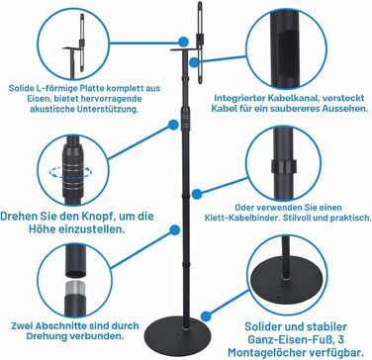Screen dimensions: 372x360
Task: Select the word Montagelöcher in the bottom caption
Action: click(x=270, y=352)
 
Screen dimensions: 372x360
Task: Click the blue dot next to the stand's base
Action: click(x=206, y=316)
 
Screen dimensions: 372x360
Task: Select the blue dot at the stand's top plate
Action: click(x=183, y=42)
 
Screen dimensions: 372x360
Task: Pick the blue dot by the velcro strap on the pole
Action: click(x=197, y=194)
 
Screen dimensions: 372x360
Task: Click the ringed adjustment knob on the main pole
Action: click(x=185, y=122)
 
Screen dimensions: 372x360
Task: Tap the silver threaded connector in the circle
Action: click(x=75, y=288)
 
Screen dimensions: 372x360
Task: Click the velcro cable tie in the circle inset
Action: click(x=283, y=166)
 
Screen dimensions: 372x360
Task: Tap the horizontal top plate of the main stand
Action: click(x=184, y=49)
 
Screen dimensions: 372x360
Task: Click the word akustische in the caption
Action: click(x=50, y=109)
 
